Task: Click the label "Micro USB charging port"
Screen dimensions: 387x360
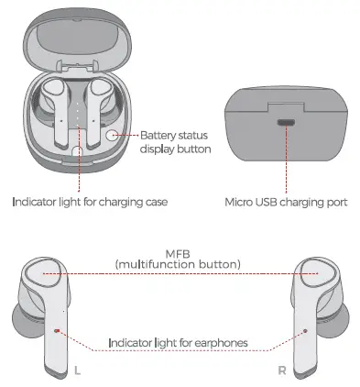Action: click(x=284, y=201)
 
